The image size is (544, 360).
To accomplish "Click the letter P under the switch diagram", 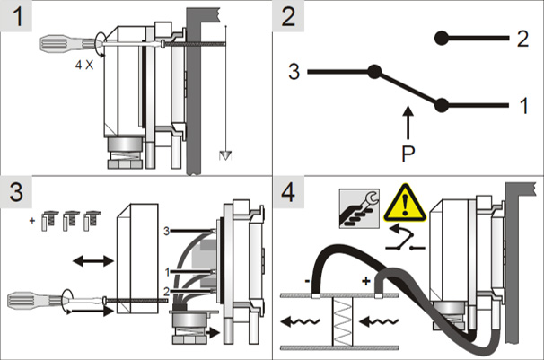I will point(408,151).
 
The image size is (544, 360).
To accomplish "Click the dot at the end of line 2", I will point(441,38).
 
